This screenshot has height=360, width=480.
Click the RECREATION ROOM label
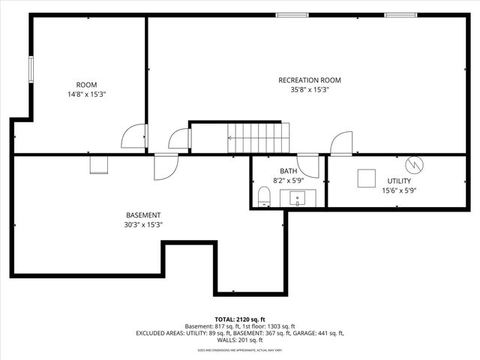(309, 80)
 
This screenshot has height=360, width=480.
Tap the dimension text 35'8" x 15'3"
(309, 89)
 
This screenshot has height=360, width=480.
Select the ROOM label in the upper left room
(86, 85)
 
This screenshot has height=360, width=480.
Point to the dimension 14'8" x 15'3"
(86, 94)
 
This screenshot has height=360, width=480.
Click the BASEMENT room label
(142, 215)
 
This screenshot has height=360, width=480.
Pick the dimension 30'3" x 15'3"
(142, 225)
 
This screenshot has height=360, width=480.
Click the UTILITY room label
(398, 181)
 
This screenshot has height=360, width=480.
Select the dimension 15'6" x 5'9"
(398, 190)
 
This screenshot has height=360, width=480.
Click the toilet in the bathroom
(263, 197)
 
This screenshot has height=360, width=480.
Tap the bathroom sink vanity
(298, 199)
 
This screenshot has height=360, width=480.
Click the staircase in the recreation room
(257, 138)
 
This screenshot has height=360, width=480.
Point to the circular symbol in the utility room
(414, 163)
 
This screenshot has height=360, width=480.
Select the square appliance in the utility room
(366, 178)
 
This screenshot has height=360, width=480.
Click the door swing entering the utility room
(341, 143)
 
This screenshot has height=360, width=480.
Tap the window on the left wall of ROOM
(31, 70)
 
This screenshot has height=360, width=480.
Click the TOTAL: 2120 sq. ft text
(240, 319)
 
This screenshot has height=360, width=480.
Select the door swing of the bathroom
(308, 166)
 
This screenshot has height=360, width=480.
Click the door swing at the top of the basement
(165, 167)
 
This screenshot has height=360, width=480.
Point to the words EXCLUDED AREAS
(160, 333)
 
